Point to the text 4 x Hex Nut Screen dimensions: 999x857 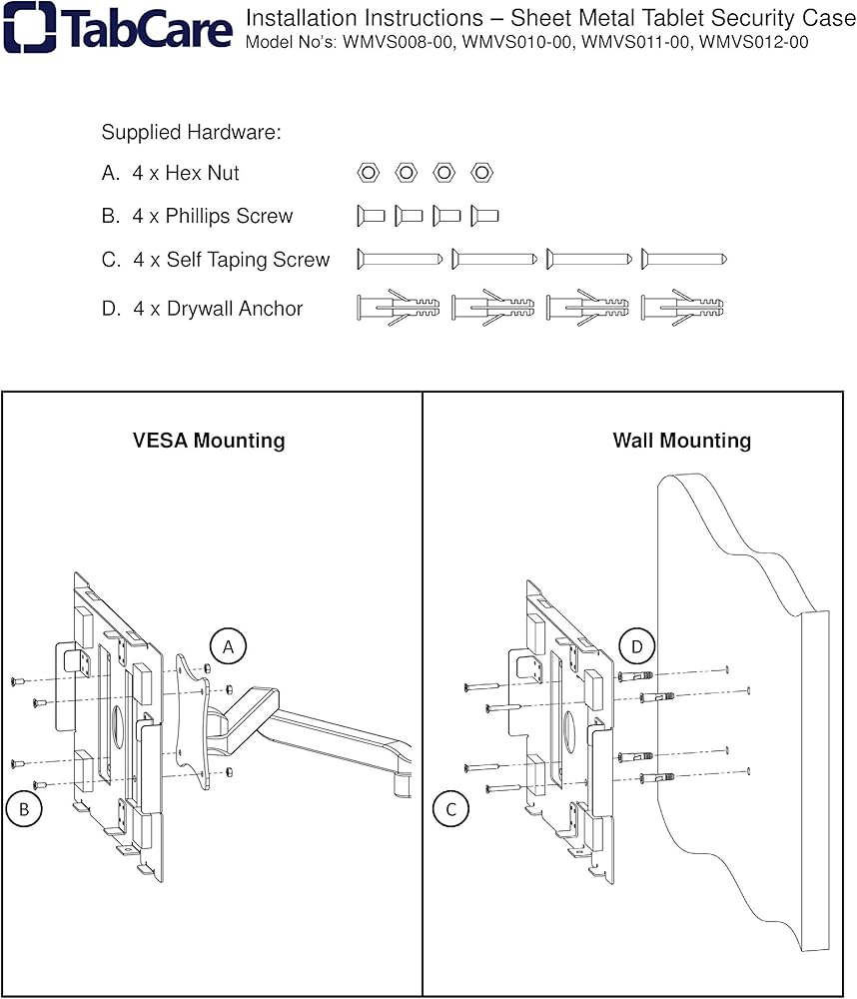(x=185, y=173)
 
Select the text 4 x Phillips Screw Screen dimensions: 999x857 (x=212, y=216)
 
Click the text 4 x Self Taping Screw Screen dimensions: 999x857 (x=231, y=260)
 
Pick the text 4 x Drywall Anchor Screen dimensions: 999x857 (x=217, y=309)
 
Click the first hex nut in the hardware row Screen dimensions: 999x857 (x=368, y=173)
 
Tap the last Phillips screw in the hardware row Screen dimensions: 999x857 (x=484, y=215)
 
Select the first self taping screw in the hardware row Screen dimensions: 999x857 (x=400, y=259)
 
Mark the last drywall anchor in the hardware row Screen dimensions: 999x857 (x=683, y=307)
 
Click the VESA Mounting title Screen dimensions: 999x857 (x=209, y=441)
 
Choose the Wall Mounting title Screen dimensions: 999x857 (x=681, y=441)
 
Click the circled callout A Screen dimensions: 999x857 (x=228, y=647)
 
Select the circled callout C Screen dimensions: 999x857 (x=451, y=809)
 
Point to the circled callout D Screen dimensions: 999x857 (x=637, y=647)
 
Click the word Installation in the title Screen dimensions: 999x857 (x=296, y=18)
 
